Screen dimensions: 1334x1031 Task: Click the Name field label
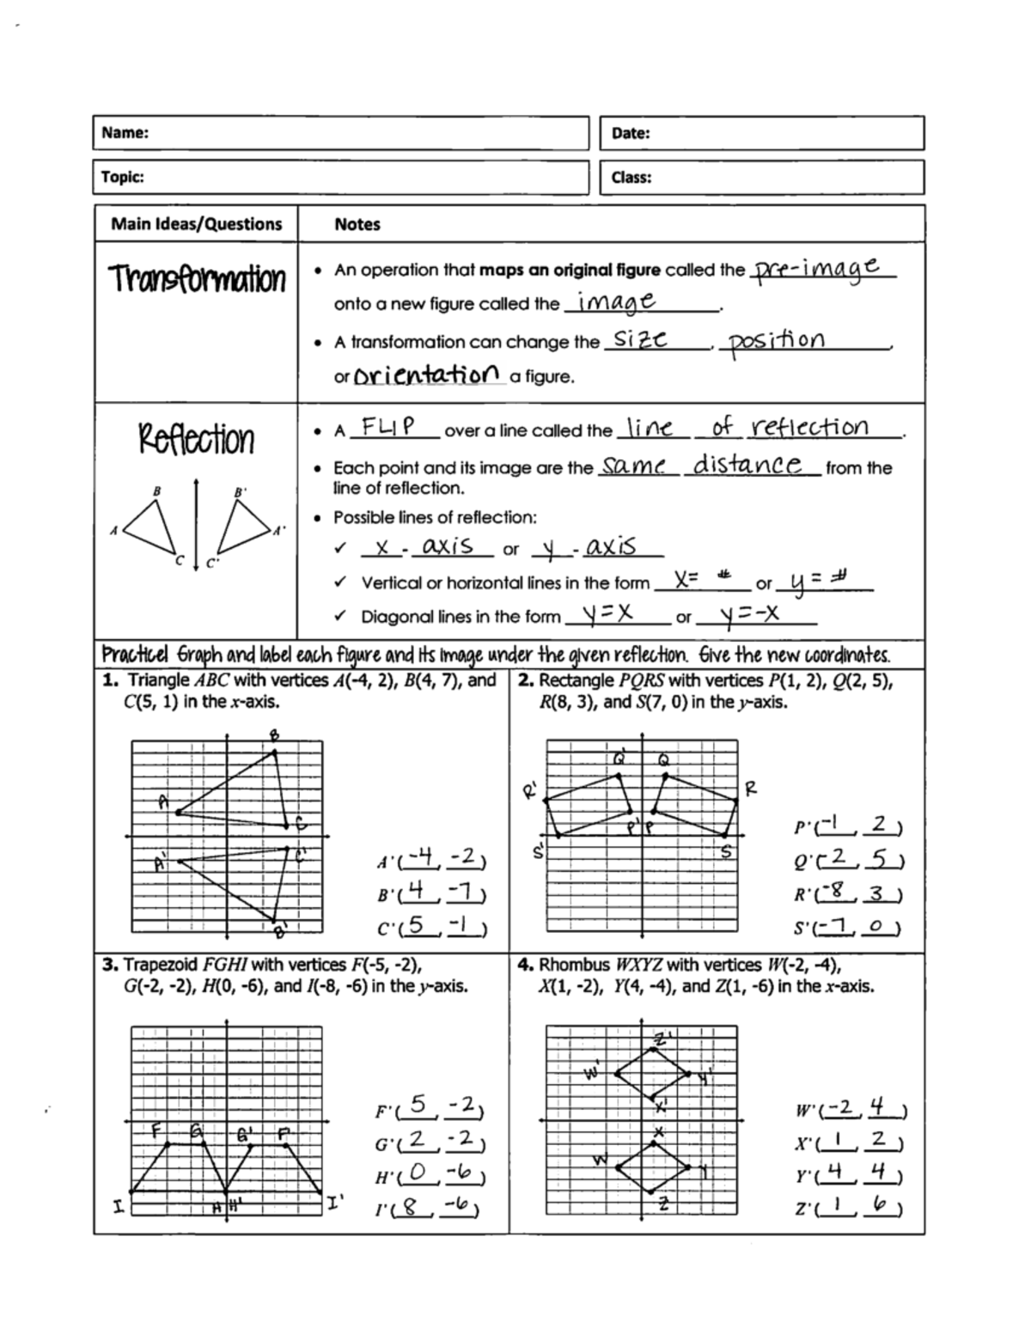[x=125, y=133]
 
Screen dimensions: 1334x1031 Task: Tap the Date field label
[x=631, y=133]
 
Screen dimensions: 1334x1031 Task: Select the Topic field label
[x=123, y=177]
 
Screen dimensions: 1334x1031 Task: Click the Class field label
[x=631, y=178]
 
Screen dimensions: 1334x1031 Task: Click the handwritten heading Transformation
[x=197, y=279]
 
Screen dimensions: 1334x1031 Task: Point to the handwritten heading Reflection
[x=197, y=438]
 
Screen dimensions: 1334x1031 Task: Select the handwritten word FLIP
[x=388, y=426]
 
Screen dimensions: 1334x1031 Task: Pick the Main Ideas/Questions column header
[x=197, y=224]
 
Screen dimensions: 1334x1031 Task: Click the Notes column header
[x=357, y=224]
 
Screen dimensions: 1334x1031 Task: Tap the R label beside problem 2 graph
[x=751, y=788]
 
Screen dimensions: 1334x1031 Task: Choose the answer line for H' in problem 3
[x=439, y=1176]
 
